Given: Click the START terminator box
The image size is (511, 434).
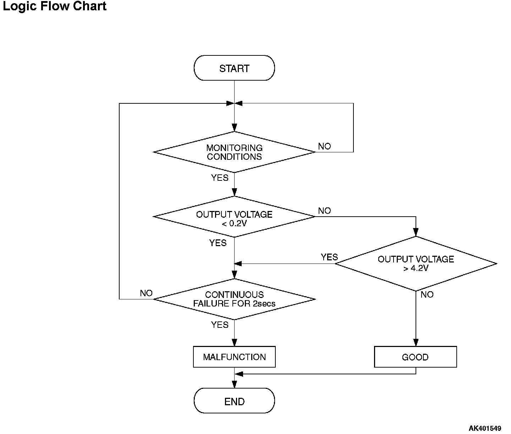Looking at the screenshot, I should [x=234, y=68].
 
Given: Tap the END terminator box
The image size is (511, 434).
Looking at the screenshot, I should [x=234, y=401].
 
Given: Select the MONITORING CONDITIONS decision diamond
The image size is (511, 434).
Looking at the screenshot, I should [x=234, y=152].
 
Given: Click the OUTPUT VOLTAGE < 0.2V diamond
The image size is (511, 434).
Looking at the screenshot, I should [x=234, y=217].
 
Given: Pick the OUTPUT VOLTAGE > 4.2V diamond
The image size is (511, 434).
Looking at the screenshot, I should [x=416, y=264].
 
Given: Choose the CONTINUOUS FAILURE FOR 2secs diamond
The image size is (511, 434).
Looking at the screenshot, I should [x=234, y=299].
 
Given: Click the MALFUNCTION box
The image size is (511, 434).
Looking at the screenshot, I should [x=234, y=357].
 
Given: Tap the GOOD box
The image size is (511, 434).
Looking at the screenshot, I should [x=415, y=357].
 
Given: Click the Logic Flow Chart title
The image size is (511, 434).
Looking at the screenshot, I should [x=55, y=6].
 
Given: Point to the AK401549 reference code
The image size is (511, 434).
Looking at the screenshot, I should [x=485, y=428].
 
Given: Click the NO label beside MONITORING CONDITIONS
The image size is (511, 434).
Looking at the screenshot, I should [x=324, y=146].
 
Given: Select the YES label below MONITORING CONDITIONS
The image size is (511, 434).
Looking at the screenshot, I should [x=220, y=178].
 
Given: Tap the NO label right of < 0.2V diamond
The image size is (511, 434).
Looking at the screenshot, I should [x=324, y=211].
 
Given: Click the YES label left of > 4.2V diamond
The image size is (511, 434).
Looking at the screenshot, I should [x=329, y=257].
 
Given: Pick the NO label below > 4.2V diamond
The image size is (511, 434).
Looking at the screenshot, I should [x=427, y=295].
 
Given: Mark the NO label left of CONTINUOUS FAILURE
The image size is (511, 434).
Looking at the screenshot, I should [x=146, y=293].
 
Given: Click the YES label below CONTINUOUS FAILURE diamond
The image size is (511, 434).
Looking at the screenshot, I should [x=220, y=325].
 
